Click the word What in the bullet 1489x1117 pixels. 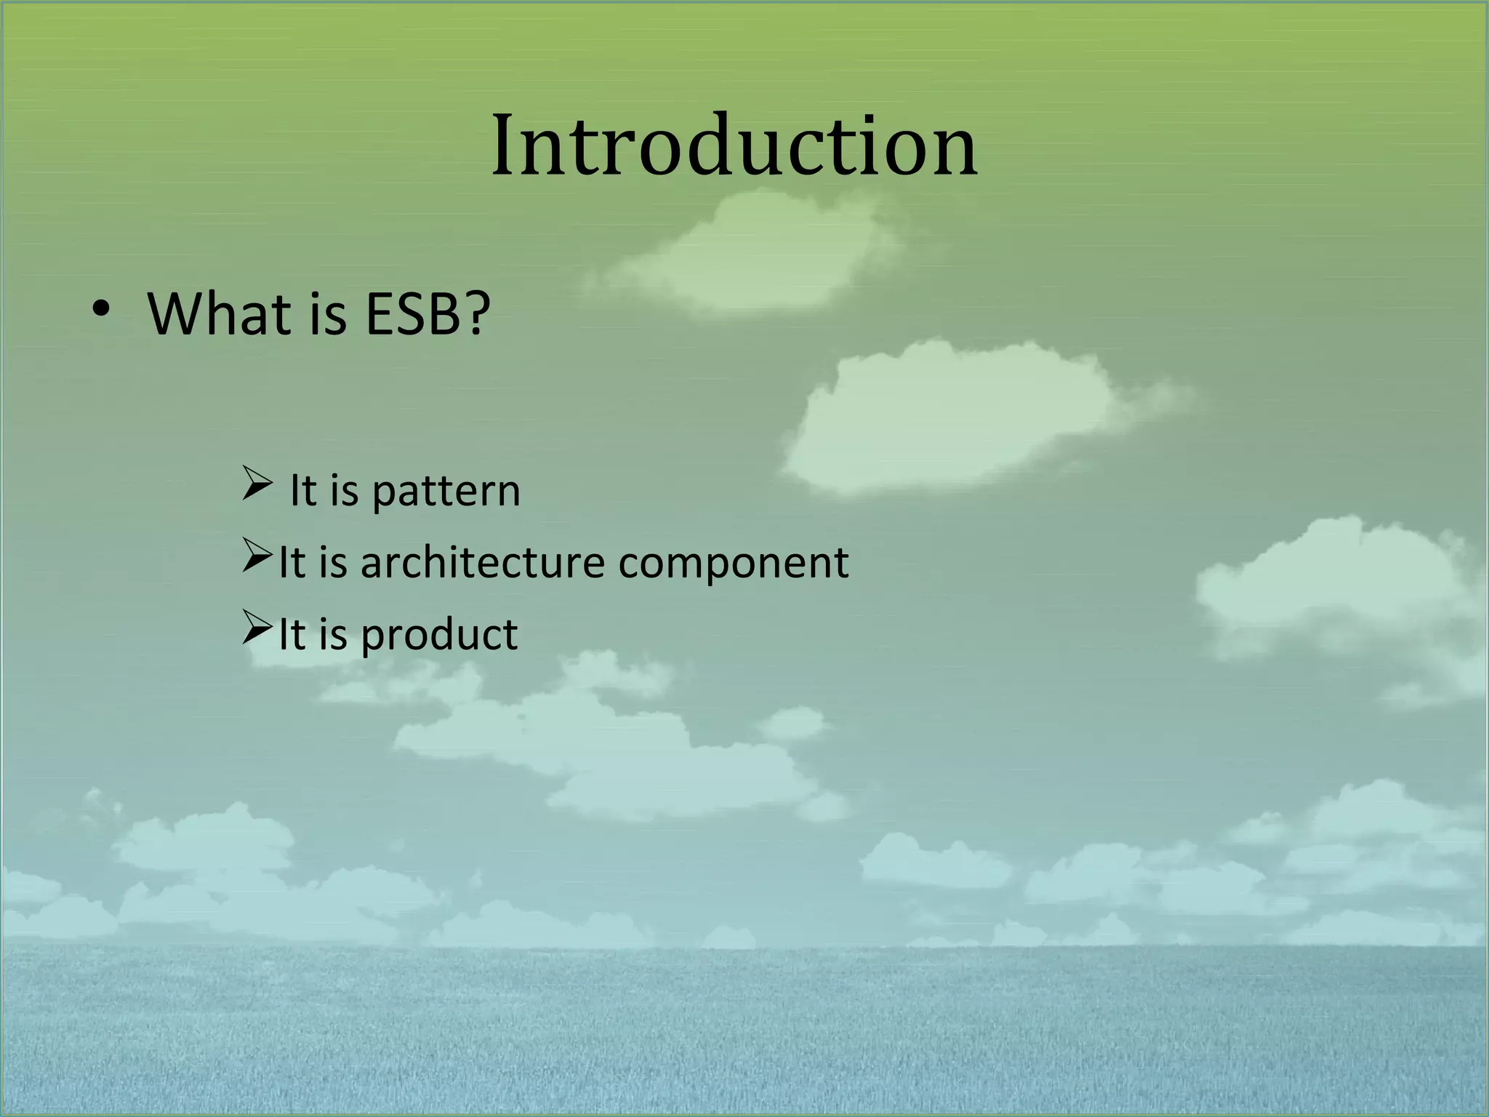coord(225,314)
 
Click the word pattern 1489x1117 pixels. coord(446,492)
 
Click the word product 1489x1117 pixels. coord(438,634)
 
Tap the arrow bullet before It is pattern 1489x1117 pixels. coord(257,484)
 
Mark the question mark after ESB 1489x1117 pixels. coord(476,314)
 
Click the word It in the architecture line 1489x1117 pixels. coord(292,563)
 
